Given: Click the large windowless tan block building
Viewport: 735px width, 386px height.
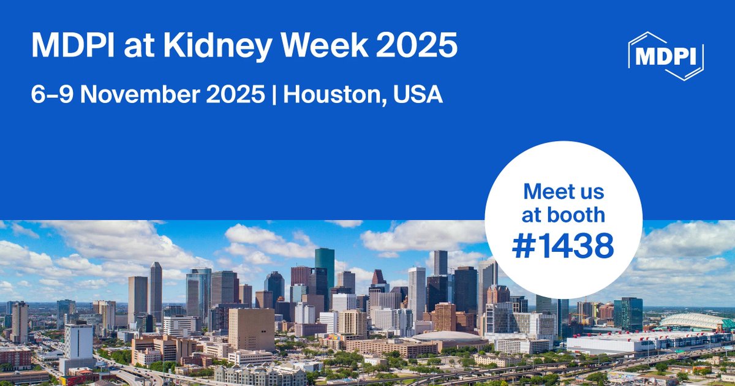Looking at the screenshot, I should [x=251, y=328].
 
